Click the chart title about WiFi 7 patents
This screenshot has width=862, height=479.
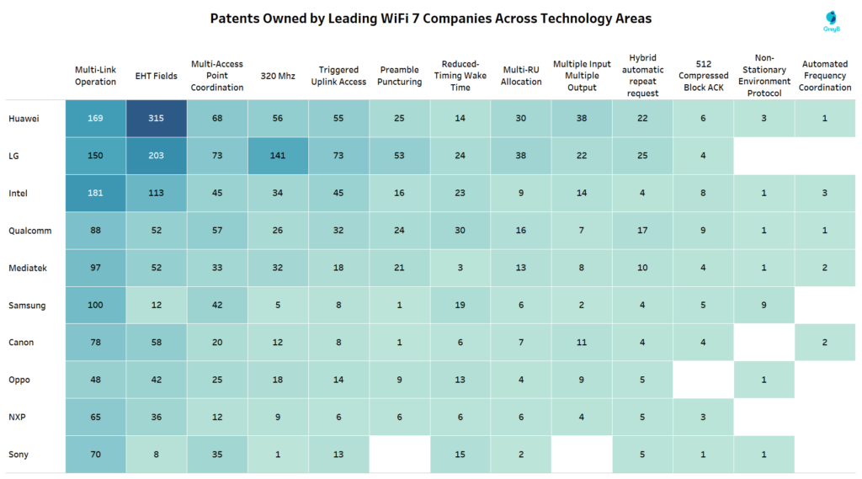(x=430, y=19)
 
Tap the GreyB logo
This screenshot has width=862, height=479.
(x=833, y=22)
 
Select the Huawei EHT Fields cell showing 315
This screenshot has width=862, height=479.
(x=157, y=119)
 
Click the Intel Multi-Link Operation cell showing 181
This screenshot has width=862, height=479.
(x=96, y=193)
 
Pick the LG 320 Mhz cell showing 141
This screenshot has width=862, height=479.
(x=278, y=156)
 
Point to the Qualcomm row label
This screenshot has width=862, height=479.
(x=29, y=231)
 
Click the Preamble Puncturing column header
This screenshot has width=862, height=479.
(x=400, y=76)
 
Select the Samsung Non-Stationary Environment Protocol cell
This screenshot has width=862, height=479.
(x=764, y=306)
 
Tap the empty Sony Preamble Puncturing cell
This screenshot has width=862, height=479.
(x=400, y=455)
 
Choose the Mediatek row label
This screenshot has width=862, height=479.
(x=28, y=268)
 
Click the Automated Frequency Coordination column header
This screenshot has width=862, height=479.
(x=824, y=76)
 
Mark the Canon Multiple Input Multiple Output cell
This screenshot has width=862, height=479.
(x=582, y=343)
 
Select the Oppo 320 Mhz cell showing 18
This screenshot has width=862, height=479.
(x=278, y=380)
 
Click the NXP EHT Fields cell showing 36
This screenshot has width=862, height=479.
(x=157, y=417)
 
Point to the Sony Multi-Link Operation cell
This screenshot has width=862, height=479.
(x=96, y=455)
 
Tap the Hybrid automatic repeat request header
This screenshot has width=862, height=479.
(x=642, y=76)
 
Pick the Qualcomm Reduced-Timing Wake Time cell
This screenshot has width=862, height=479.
(x=460, y=231)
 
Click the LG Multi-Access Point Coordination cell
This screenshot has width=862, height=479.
(x=217, y=156)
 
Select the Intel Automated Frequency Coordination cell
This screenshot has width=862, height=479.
(x=824, y=193)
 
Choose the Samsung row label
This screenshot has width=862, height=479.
(x=27, y=306)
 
